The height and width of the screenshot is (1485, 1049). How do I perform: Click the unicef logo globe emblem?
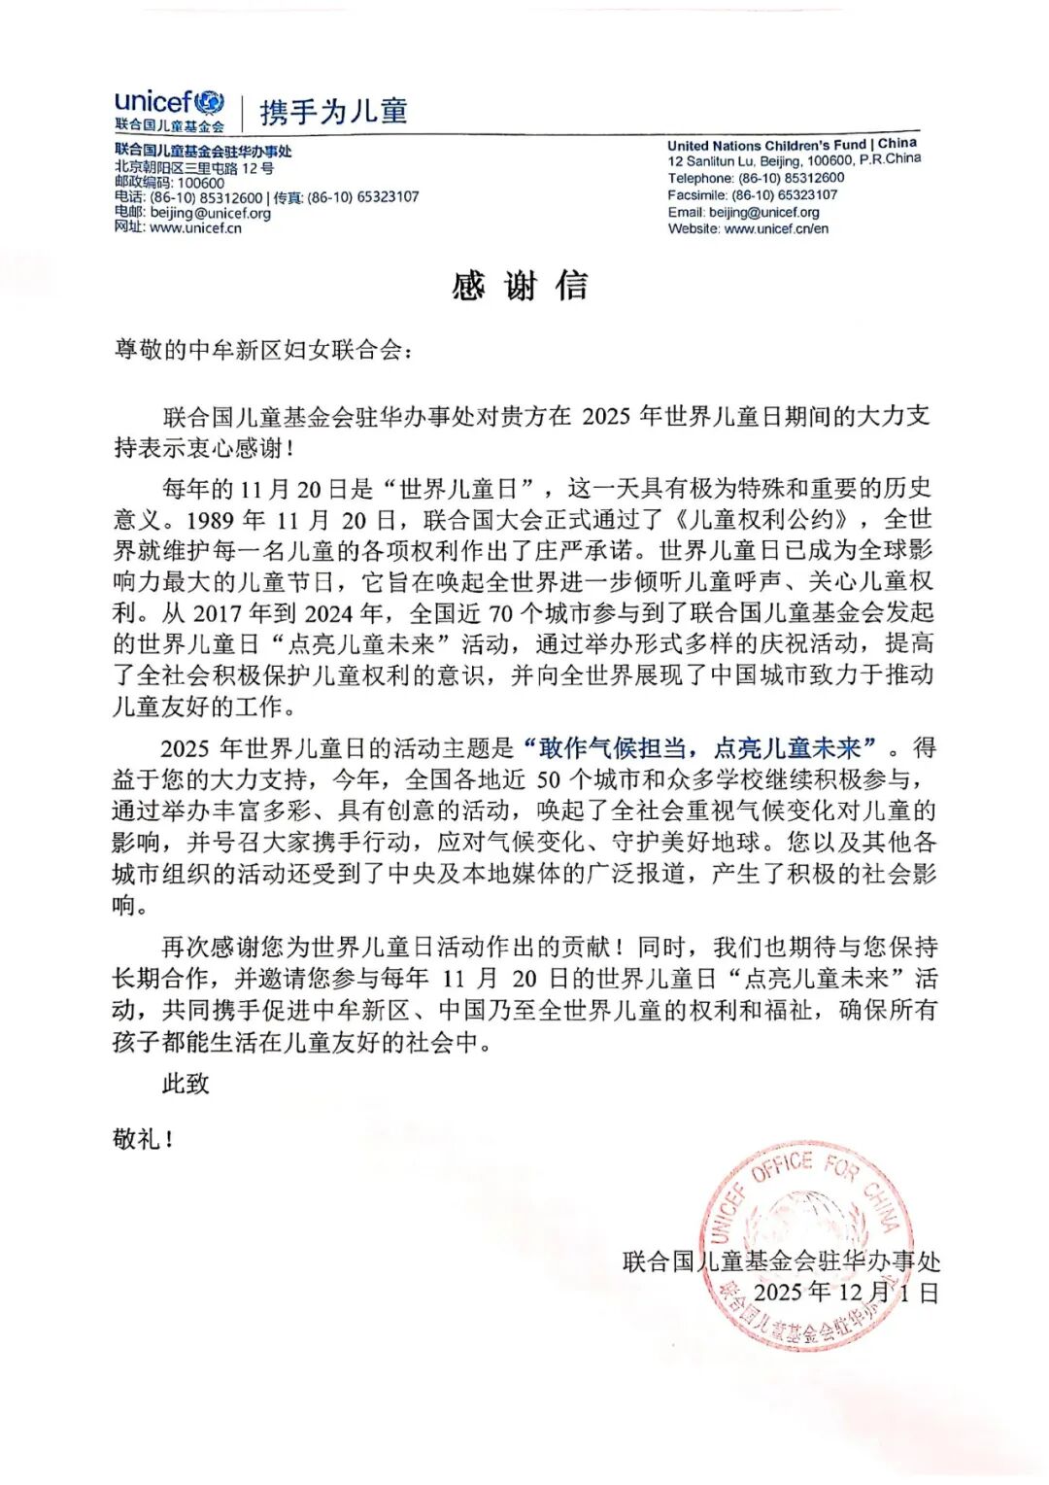pyautogui.click(x=209, y=102)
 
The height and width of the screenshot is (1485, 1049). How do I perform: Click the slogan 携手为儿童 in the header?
pyautogui.click(x=333, y=112)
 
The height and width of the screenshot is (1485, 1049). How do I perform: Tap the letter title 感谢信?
pyautogui.click(x=520, y=286)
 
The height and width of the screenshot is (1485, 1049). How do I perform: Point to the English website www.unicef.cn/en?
pyautogui.click(x=748, y=229)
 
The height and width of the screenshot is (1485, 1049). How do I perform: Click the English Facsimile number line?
pyautogui.click(x=752, y=195)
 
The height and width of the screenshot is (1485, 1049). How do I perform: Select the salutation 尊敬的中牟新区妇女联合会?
pyautogui.click(x=262, y=350)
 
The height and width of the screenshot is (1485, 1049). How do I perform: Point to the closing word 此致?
pyautogui.click(x=186, y=1084)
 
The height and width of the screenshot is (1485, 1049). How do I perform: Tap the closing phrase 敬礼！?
pyautogui.click(x=143, y=1139)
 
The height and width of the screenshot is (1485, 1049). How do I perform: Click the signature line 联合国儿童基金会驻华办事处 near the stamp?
pyautogui.click(x=781, y=1261)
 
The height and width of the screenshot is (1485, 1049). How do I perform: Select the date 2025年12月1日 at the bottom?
pyautogui.click(x=845, y=1293)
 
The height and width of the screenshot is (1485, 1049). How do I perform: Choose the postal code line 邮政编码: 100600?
pyautogui.click(x=169, y=182)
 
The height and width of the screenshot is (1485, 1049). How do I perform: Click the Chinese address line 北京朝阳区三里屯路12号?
pyautogui.click(x=194, y=167)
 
